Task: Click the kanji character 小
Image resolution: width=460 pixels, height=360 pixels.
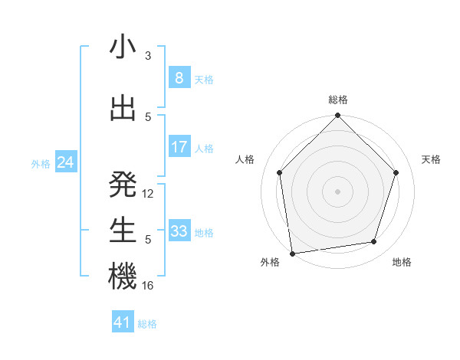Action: coord(123,47)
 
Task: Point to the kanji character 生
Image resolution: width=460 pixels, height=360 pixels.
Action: coord(123,231)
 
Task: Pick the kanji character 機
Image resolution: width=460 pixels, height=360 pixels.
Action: coord(123,277)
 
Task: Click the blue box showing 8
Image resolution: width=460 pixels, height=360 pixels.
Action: coord(179,78)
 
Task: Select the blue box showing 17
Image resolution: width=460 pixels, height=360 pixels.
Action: coord(179,147)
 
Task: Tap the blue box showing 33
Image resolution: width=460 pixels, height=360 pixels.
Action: coord(179,231)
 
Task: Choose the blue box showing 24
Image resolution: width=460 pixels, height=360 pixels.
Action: coord(66,162)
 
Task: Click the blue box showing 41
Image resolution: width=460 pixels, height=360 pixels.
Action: coord(123,322)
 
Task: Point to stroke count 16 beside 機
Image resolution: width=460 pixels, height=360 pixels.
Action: coord(148,286)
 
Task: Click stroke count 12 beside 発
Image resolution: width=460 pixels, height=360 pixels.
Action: coord(148,194)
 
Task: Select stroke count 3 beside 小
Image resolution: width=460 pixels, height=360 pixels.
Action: coord(148,56)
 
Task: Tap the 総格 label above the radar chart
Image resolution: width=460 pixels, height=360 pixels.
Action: coord(338,100)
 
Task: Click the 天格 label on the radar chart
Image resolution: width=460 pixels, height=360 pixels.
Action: coord(432,159)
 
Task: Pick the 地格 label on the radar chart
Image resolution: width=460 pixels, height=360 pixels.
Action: coord(402,262)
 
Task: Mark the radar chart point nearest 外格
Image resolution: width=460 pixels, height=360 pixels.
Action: coord(292,253)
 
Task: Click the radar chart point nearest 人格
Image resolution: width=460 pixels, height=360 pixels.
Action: coord(280,172)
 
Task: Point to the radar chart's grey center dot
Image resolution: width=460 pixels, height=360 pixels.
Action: coord(338,191)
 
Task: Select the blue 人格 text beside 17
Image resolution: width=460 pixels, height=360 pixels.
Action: coord(204,148)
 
